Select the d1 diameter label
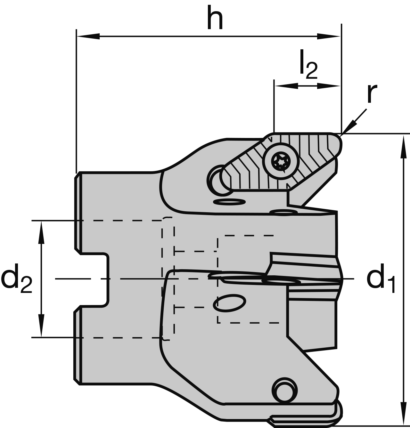(x=381, y=279)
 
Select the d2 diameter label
(x=17, y=279)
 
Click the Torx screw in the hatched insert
(x=280, y=161)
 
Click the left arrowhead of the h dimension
(x=86, y=36)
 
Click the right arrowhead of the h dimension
(x=330, y=36)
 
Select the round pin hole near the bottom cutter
(x=283, y=390)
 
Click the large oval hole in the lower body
(x=229, y=303)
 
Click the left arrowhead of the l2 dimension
(x=283, y=85)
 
